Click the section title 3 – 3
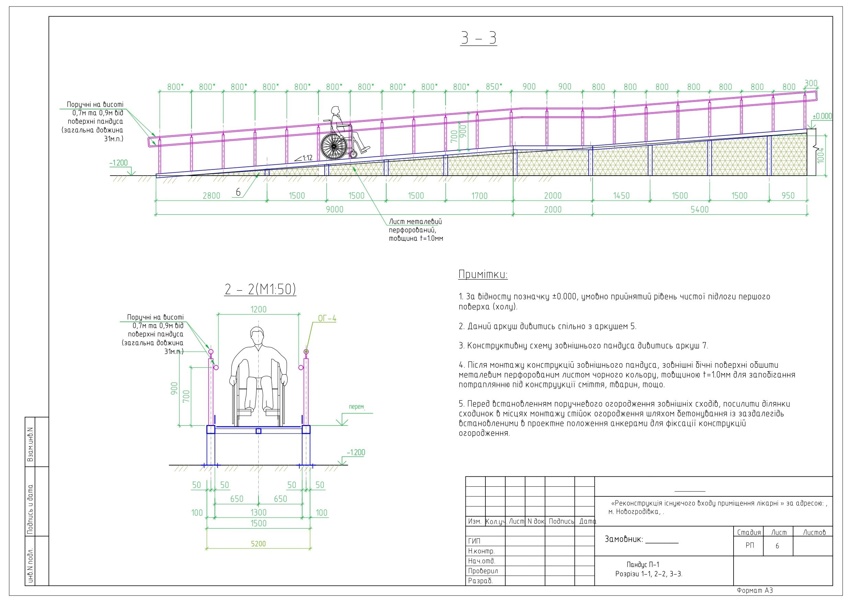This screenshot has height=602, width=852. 478,38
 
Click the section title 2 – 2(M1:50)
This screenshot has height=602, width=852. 260,289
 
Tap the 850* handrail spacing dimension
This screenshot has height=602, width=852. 494,86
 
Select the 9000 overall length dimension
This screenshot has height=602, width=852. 334,209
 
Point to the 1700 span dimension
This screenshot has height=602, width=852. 480,196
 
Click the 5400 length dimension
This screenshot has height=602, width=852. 700,209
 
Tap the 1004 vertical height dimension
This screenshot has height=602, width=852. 821,155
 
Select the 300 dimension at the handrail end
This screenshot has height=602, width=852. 811,83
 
